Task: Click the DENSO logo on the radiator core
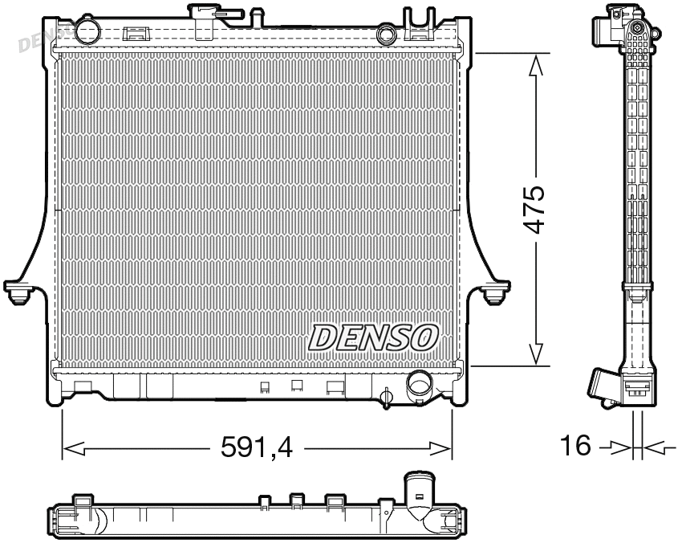coord(373,337)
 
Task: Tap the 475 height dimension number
coord(535,210)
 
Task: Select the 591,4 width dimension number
coord(258,447)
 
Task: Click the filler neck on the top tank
coord(205,14)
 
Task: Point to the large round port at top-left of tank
coord(85,30)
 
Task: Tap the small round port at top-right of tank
coord(387,35)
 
